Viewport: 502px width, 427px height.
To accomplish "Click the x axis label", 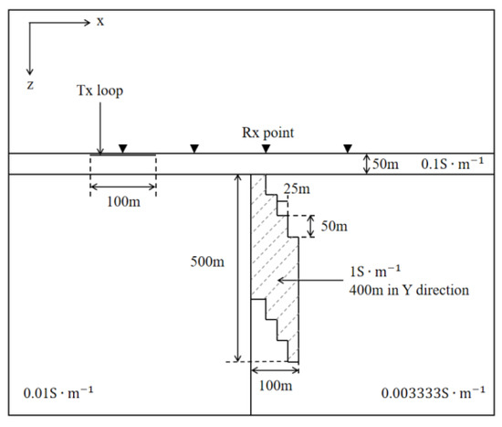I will pos(99,20).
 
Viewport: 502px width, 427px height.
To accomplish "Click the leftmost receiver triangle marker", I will pos(123,148).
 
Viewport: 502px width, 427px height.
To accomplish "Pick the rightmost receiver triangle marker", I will pos(347,148).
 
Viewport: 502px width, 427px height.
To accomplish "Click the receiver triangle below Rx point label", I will pos(266,148).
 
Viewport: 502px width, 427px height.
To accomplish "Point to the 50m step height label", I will pos(331,225).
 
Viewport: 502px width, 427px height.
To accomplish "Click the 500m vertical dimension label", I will pos(207,263).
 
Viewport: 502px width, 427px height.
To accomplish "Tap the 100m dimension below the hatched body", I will pos(275,386).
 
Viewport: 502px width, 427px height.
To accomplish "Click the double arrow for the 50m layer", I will pos(366,165).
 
